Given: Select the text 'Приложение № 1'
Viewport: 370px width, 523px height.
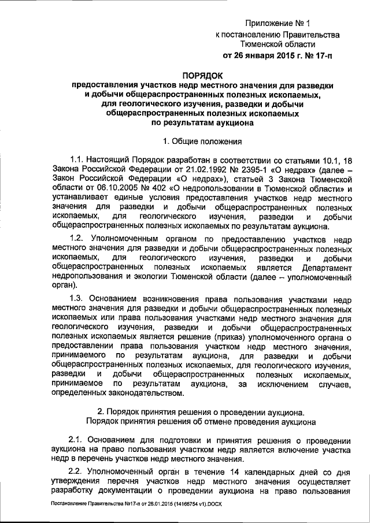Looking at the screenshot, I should pos(277,24).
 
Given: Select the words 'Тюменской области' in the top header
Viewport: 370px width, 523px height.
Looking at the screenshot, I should pos(277,44).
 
